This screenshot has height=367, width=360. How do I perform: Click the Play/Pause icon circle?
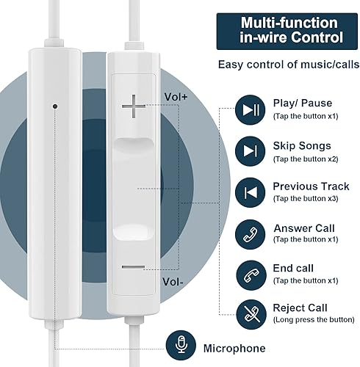[251, 110]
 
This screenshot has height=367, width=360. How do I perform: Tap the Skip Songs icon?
[251, 150]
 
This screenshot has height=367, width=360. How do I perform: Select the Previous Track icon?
[251, 192]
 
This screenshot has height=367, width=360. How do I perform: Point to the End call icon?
[251, 274]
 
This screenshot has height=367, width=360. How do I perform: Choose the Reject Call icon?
[251, 313]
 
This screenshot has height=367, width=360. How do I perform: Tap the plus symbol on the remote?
[134, 109]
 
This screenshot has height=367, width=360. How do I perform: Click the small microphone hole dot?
[55, 105]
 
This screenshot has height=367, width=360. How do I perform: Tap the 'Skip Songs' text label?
[302, 145]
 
